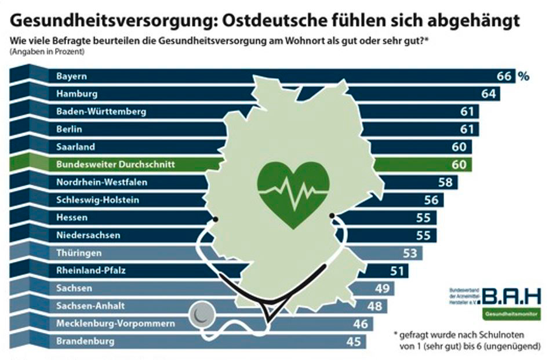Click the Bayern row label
(x=71, y=76)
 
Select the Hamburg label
(x=77, y=93)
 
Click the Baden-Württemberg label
(x=101, y=111)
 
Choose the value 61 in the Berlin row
(x=467, y=129)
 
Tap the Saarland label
(x=75, y=147)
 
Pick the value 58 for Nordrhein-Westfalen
(x=445, y=183)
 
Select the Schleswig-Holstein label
(x=97, y=200)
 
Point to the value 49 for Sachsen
(x=382, y=289)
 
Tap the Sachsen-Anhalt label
(x=90, y=306)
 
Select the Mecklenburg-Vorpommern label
(x=115, y=323)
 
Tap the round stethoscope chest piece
(x=200, y=316)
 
